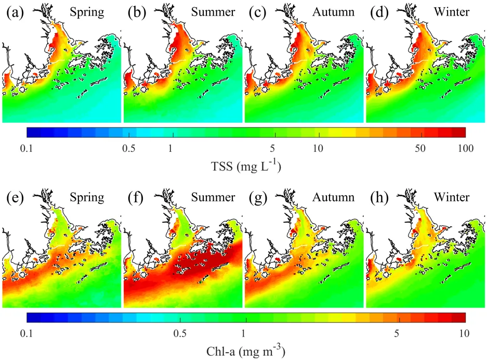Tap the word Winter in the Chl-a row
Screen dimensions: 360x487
point(453,198)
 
